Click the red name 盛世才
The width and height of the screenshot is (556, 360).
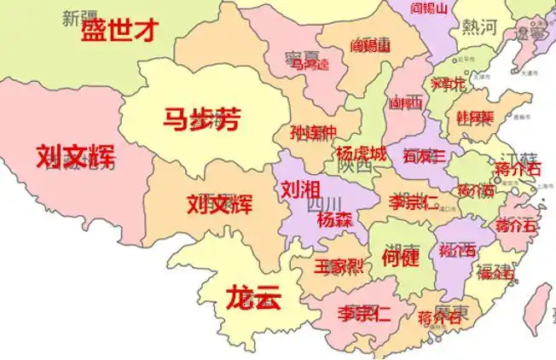tap(119, 32)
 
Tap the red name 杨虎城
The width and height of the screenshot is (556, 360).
tap(361, 154)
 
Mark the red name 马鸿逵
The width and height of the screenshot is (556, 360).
tap(310, 64)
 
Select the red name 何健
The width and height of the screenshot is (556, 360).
tap(400, 257)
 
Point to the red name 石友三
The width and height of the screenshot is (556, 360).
tap(424, 156)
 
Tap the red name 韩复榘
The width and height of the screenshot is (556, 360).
tap(474, 116)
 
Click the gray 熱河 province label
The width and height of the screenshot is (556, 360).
tap(479, 27)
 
